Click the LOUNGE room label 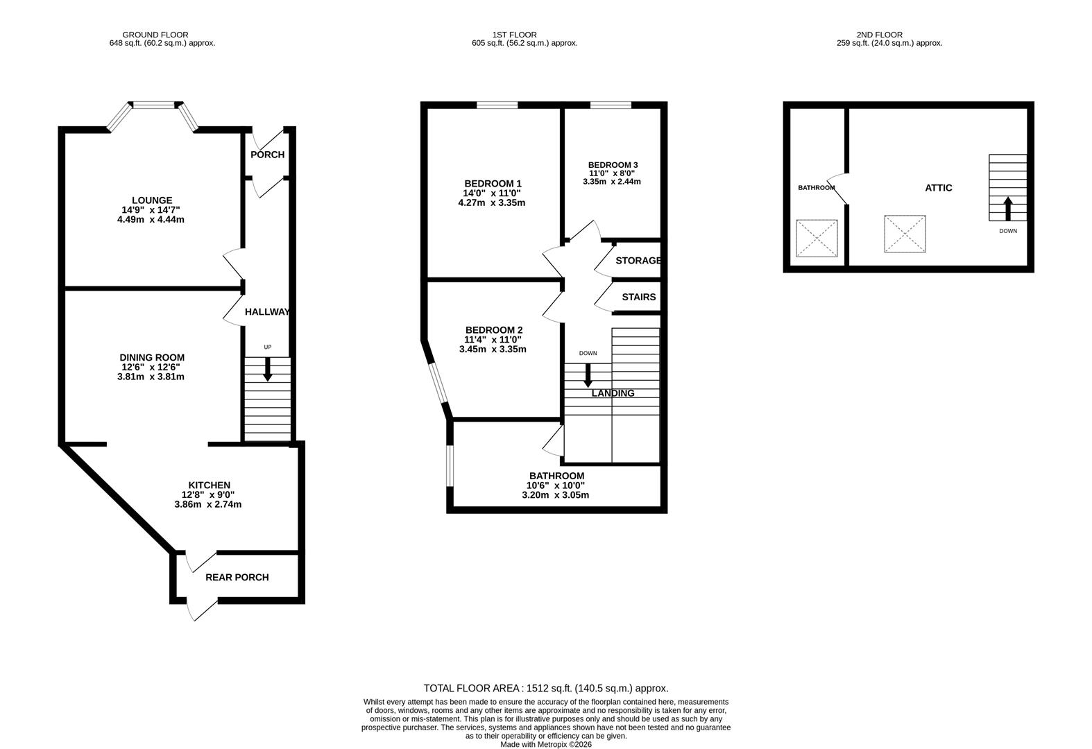pyautogui.click(x=152, y=200)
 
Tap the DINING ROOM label pyautogui.click(x=152, y=358)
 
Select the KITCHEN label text pyautogui.click(x=209, y=485)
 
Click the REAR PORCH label pyautogui.click(x=237, y=577)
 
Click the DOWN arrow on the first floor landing pyautogui.click(x=588, y=375)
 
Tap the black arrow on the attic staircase pyautogui.click(x=1007, y=209)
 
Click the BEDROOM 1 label pyautogui.click(x=493, y=184)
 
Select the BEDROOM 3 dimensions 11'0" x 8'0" pyautogui.click(x=612, y=173)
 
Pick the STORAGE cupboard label pyautogui.click(x=638, y=261)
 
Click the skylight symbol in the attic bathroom pyautogui.click(x=817, y=239)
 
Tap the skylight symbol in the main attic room pyautogui.click(x=905, y=234)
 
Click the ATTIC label pyautogui.click(x=938, y=188)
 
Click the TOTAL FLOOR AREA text pyautogui.click(x=545, y=688)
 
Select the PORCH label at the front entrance pyautogui.click(x=267, y=155)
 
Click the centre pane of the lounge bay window pyautogui.click(x=153, y=105)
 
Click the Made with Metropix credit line pyautogui.click(x=545, y=744)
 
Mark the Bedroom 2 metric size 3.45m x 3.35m pyautogui.click(x=493, y=350)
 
